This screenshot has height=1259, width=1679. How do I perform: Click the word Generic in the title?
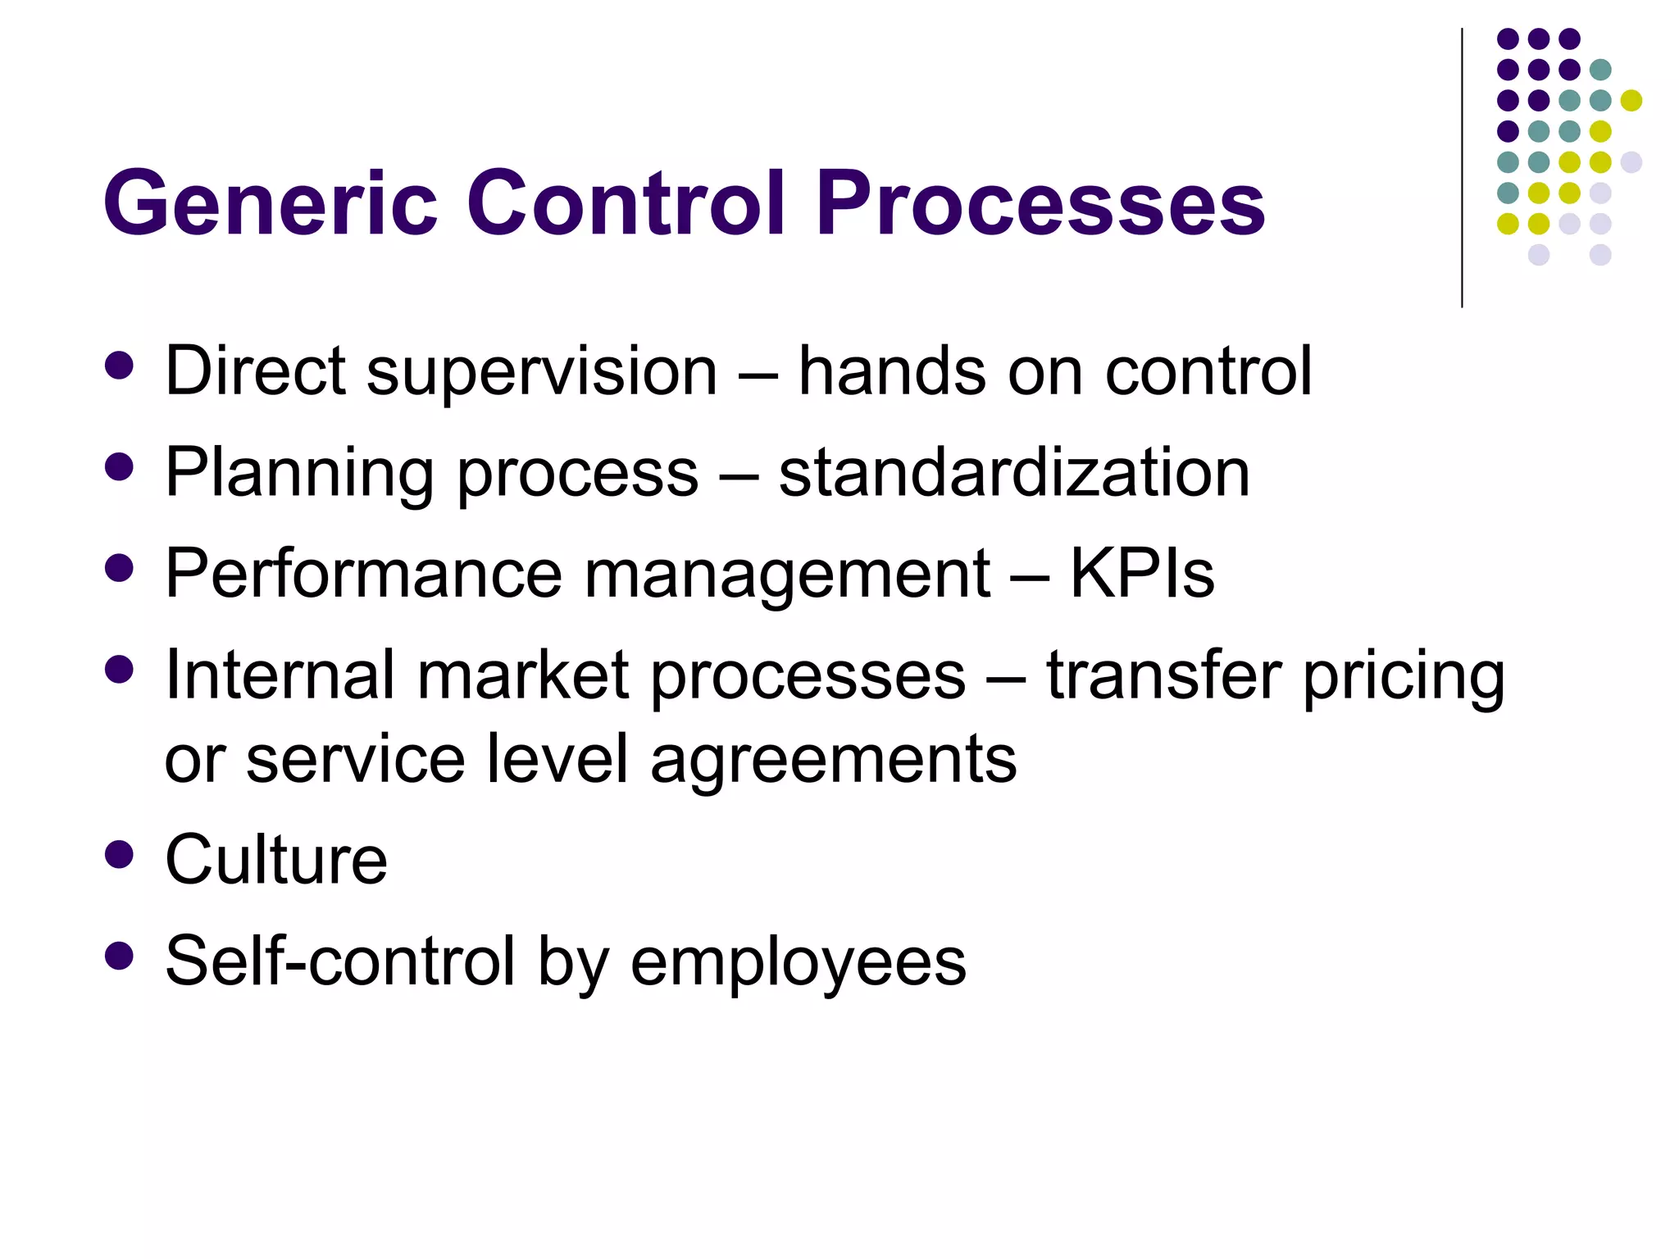(271, 203)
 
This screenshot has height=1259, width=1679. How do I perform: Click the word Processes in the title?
(1040, 203)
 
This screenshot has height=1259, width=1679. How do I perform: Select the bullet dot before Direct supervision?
(120, 366)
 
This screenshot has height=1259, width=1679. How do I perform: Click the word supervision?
(542, 373)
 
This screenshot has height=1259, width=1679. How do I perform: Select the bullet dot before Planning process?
(120, 467)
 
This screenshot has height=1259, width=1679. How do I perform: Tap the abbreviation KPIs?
(1142, 574)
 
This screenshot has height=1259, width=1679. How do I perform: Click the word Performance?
(363, 574)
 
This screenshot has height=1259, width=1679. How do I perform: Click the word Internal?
(280, 675)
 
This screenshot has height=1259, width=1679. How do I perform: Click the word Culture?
(276, 860)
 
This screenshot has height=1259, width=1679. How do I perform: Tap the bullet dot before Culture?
(120, 854)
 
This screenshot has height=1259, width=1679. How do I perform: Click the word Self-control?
(340, 961)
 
